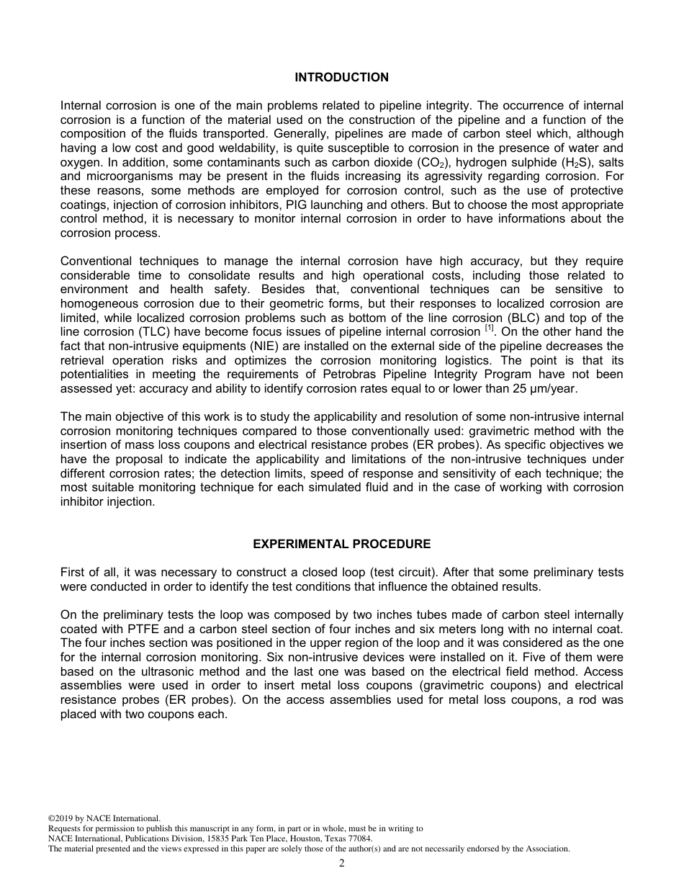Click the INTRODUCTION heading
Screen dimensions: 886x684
(341, 77)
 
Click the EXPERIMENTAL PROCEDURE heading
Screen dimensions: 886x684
(341, 544)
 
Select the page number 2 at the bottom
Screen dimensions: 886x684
(341, 864)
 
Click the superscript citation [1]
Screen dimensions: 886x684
(489, 329)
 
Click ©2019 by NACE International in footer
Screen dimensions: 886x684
(104, 818)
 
